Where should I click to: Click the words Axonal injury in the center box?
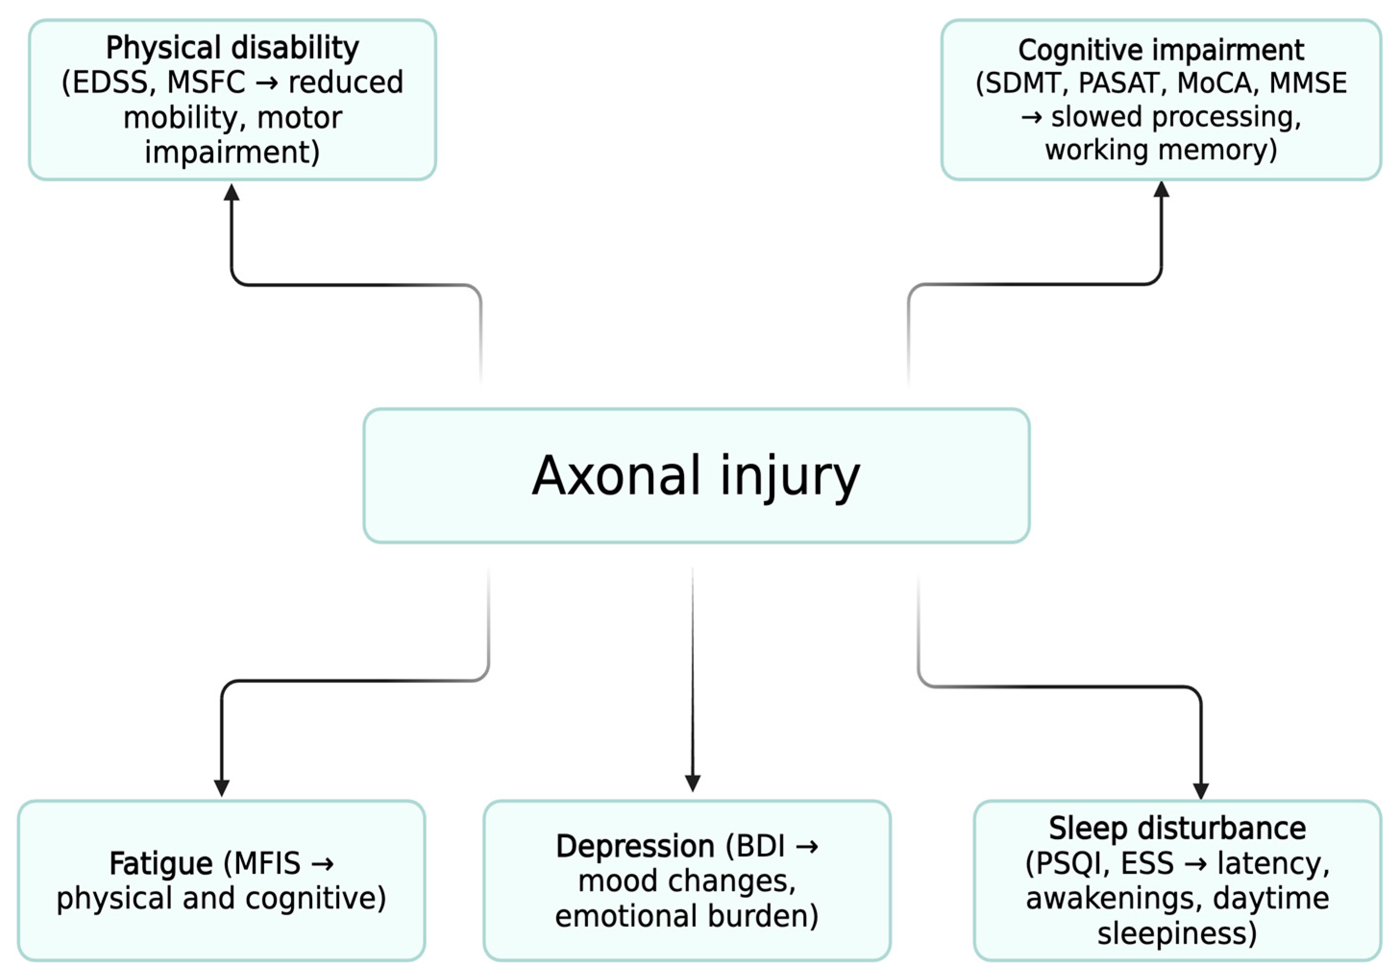(696, 476)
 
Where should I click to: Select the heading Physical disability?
(232, 48)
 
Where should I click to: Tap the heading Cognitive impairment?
(1161, 49)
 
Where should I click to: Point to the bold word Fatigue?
(161, 864)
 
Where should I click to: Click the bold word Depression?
(635, 846)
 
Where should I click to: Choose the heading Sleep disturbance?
(1177, 828)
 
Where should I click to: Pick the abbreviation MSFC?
(206, 82)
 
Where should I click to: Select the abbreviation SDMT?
(1025, 83)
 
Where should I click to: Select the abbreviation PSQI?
(1068, 864)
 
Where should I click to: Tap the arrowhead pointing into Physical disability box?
(231, 192)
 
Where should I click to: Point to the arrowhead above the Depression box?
(692, 783)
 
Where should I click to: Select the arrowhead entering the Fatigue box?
(221, 787)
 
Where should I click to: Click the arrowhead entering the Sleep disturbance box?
(1201, 790)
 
